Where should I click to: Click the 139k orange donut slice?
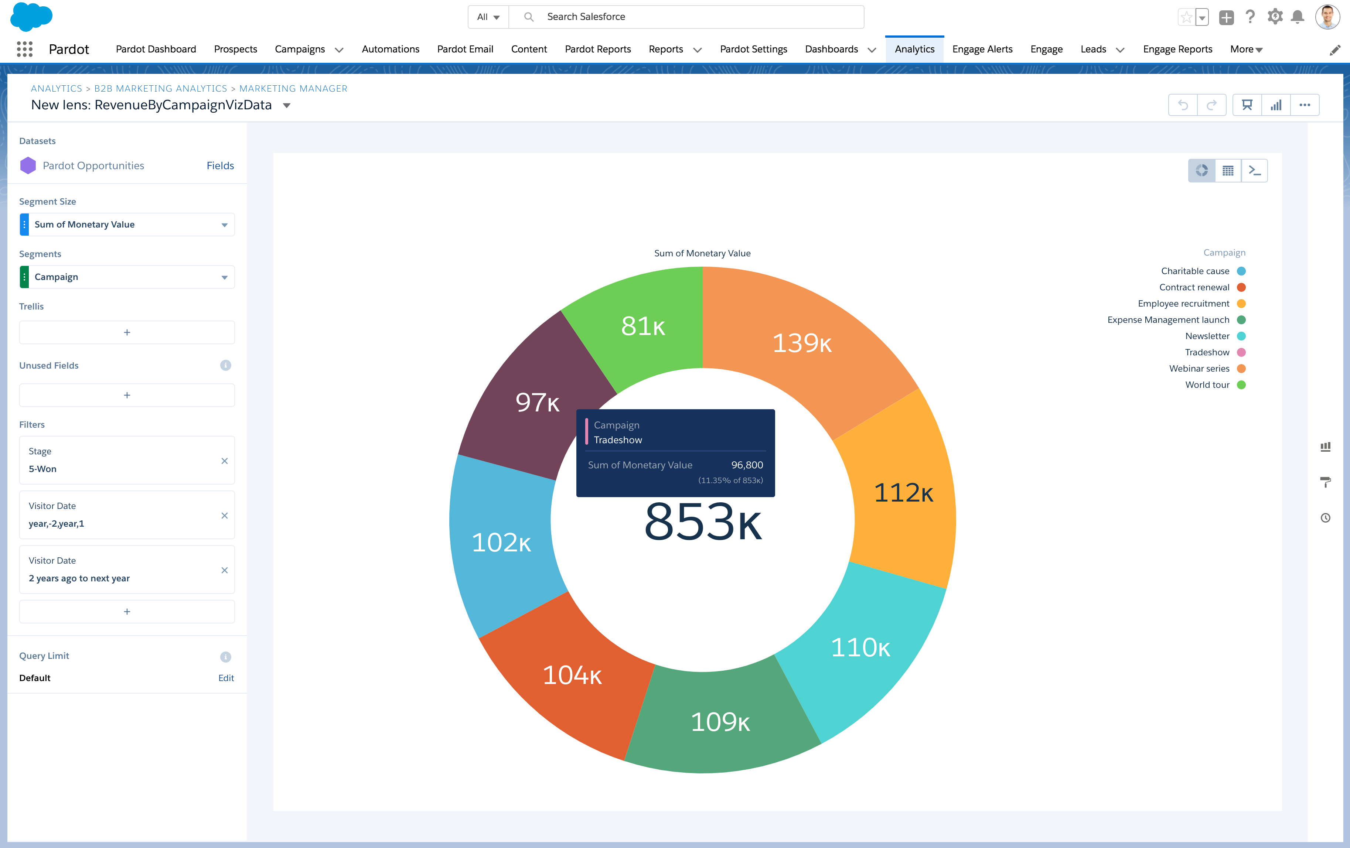(802, 343)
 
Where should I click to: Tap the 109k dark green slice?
(720, 722)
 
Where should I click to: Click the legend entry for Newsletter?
(1207, 336)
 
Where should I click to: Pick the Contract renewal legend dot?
(1241, 287)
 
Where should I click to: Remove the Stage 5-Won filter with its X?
(224, 461)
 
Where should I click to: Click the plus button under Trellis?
(127, 332)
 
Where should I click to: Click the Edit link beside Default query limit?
(226, 678)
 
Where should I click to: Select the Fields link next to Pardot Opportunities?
(220, 165)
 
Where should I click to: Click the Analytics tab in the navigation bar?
(914, 49)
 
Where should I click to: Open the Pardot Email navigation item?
(465, 49)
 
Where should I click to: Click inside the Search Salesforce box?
(695, 17)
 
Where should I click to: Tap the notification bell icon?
(1297, 17)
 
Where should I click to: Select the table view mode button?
(1228, 170)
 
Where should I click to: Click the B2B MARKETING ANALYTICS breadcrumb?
(160, 89)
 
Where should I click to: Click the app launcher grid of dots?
(25, 49)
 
